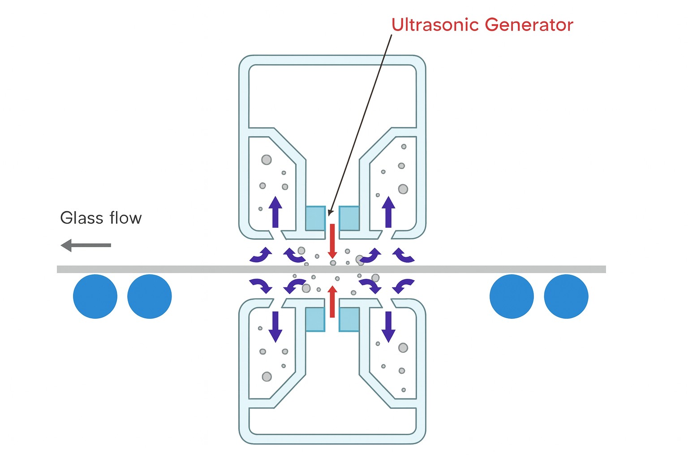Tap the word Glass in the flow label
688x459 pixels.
[82, 218]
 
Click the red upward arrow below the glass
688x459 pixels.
[332, 301]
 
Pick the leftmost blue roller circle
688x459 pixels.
[95, 296]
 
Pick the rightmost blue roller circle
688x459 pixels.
[566, 296]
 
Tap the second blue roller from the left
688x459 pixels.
[150, 296]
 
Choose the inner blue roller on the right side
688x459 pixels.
[512, 296]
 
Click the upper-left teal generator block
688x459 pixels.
[315, 218]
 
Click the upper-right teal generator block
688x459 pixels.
[349, 218]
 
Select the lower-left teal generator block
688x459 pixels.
[315, 319]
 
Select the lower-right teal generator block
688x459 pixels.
[349, 319]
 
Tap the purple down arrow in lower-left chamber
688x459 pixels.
[275, 326]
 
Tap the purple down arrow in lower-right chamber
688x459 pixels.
[388, 326]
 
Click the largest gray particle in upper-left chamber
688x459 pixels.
[267, 160]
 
